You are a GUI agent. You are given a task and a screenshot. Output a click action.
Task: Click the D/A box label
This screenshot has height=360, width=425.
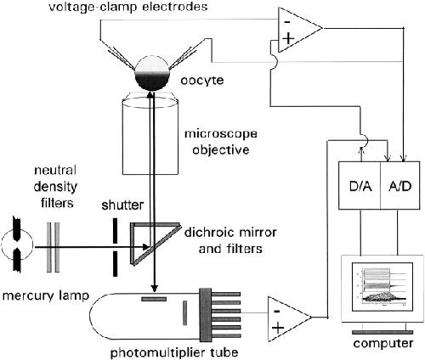point(360,187)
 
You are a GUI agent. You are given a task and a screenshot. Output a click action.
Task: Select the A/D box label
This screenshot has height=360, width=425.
point(399,187)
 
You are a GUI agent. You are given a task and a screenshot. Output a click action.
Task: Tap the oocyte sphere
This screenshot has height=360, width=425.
point(152,74)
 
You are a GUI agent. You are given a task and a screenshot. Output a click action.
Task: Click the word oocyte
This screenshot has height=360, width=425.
point(202,81)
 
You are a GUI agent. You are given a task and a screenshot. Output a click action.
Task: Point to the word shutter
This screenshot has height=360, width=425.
point(122,205)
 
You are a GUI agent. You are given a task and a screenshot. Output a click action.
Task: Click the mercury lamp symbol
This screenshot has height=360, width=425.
point(17,245)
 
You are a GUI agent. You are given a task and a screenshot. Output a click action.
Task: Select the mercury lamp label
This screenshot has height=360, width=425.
point(46,296)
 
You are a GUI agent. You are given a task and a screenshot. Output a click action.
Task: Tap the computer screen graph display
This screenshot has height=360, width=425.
point(382,286)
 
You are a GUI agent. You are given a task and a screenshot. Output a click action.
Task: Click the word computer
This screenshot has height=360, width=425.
point(382,343)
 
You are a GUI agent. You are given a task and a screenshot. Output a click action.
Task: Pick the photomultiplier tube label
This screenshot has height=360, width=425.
point(174,353)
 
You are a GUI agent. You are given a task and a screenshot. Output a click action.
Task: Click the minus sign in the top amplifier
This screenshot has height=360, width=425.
point(287,22)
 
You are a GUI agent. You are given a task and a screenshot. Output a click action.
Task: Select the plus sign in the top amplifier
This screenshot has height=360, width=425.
point(288,38)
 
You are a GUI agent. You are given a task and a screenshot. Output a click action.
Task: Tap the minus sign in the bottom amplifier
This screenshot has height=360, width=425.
point(277,312)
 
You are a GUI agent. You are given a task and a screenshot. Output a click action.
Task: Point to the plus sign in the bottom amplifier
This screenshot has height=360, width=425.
point(278,328)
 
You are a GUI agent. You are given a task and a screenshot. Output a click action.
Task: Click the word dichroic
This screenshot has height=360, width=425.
point(208,233)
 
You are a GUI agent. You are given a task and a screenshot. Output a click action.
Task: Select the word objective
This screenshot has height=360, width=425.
point(221,149)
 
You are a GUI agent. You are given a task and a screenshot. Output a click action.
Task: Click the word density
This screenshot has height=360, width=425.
point(55,187)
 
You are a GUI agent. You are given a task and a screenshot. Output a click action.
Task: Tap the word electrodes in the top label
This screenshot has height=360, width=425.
point(171,7)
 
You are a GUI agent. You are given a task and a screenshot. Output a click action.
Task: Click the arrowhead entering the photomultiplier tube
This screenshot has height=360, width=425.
point(154,288)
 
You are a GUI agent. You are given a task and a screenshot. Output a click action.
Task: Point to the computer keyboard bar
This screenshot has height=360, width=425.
point(382,332)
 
